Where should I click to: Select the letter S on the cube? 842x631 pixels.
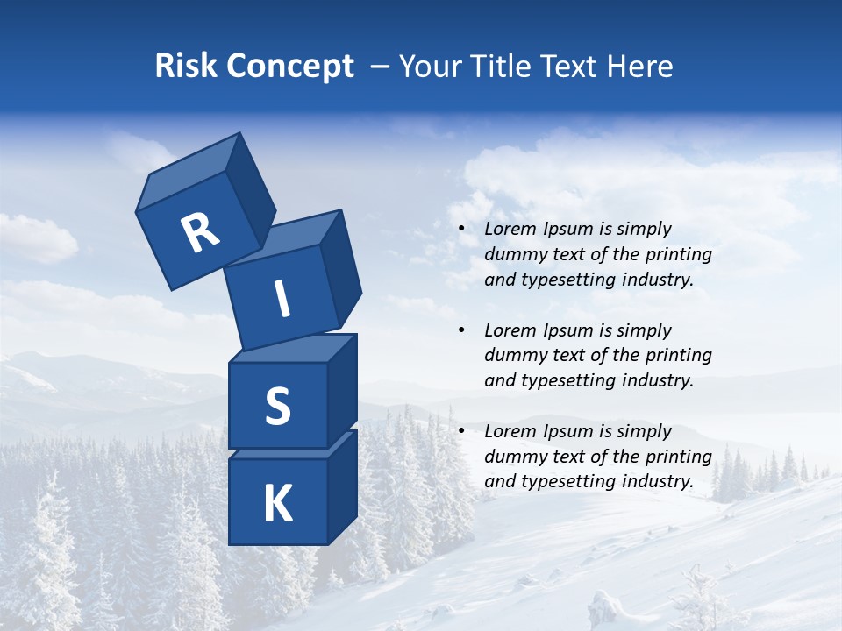[x=277, y=406]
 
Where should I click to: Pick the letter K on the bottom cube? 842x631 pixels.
[x=277, y=504]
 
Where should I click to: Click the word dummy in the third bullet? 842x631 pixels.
[x=514, y=457]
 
